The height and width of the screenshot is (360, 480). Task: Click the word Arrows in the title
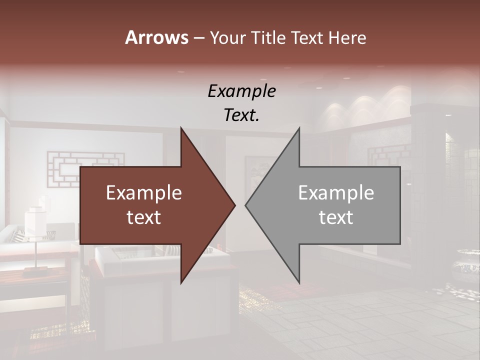coord(156,37)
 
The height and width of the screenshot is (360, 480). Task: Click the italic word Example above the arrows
coord(241,91)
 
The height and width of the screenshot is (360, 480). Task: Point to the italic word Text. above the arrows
coord(241,115)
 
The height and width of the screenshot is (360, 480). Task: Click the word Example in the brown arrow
coord(144,193)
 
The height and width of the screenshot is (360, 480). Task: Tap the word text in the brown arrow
coord(144,217)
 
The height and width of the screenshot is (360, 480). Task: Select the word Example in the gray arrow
coord(336,193)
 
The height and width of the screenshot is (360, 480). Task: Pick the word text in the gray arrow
coord(336,217)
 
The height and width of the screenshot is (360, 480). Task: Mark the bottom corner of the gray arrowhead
coord(299,282)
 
